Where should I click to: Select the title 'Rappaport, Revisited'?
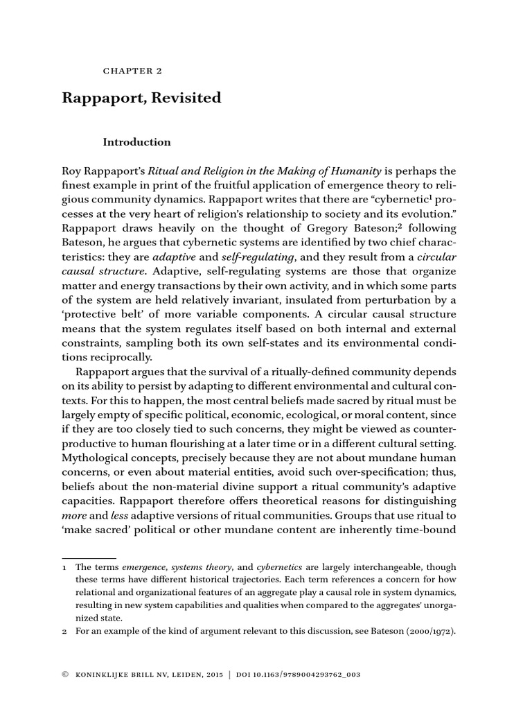coord(142,98)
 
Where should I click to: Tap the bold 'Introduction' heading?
coord(136,142)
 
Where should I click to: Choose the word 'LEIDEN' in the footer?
coord(185,674)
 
